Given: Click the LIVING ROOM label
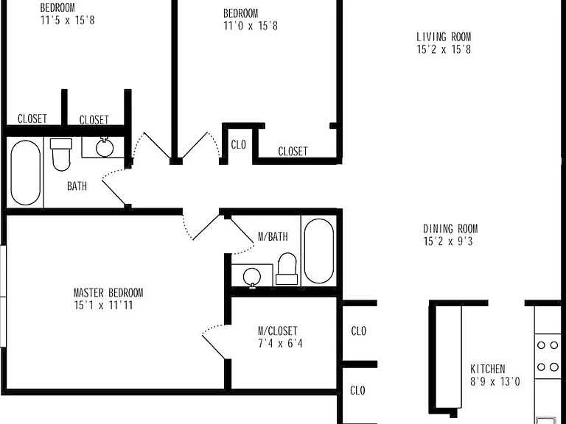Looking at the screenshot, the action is [x=444, y=37].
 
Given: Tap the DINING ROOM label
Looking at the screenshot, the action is [x=450, y=229].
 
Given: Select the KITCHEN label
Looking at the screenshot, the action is [x=488, y=369].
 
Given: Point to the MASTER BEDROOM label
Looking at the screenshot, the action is [x=108, y=292].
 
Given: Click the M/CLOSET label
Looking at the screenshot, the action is [x=278, y=331].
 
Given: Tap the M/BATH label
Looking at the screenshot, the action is [x=273, y=236].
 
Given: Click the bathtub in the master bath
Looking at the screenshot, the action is [x=318, y=251].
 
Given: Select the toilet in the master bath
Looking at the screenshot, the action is [x=287, y=269].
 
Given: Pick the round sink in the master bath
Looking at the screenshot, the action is [x=252, y=277].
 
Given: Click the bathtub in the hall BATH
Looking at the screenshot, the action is [x=25, y=173].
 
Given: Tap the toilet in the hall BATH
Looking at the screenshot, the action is [x=61, y=155].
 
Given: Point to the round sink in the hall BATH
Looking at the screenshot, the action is [x=105, y=147].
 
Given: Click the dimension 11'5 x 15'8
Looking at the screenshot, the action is [x=68, y=20].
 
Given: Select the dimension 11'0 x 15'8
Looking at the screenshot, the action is [x=251, y=26].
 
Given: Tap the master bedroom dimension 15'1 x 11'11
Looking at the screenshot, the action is [x=103, y=305].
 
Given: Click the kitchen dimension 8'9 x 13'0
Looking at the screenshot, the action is [x=495, y=381].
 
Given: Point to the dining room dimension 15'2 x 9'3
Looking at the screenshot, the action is [x=448, y=241].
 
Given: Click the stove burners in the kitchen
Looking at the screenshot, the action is [x=548, y=356].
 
